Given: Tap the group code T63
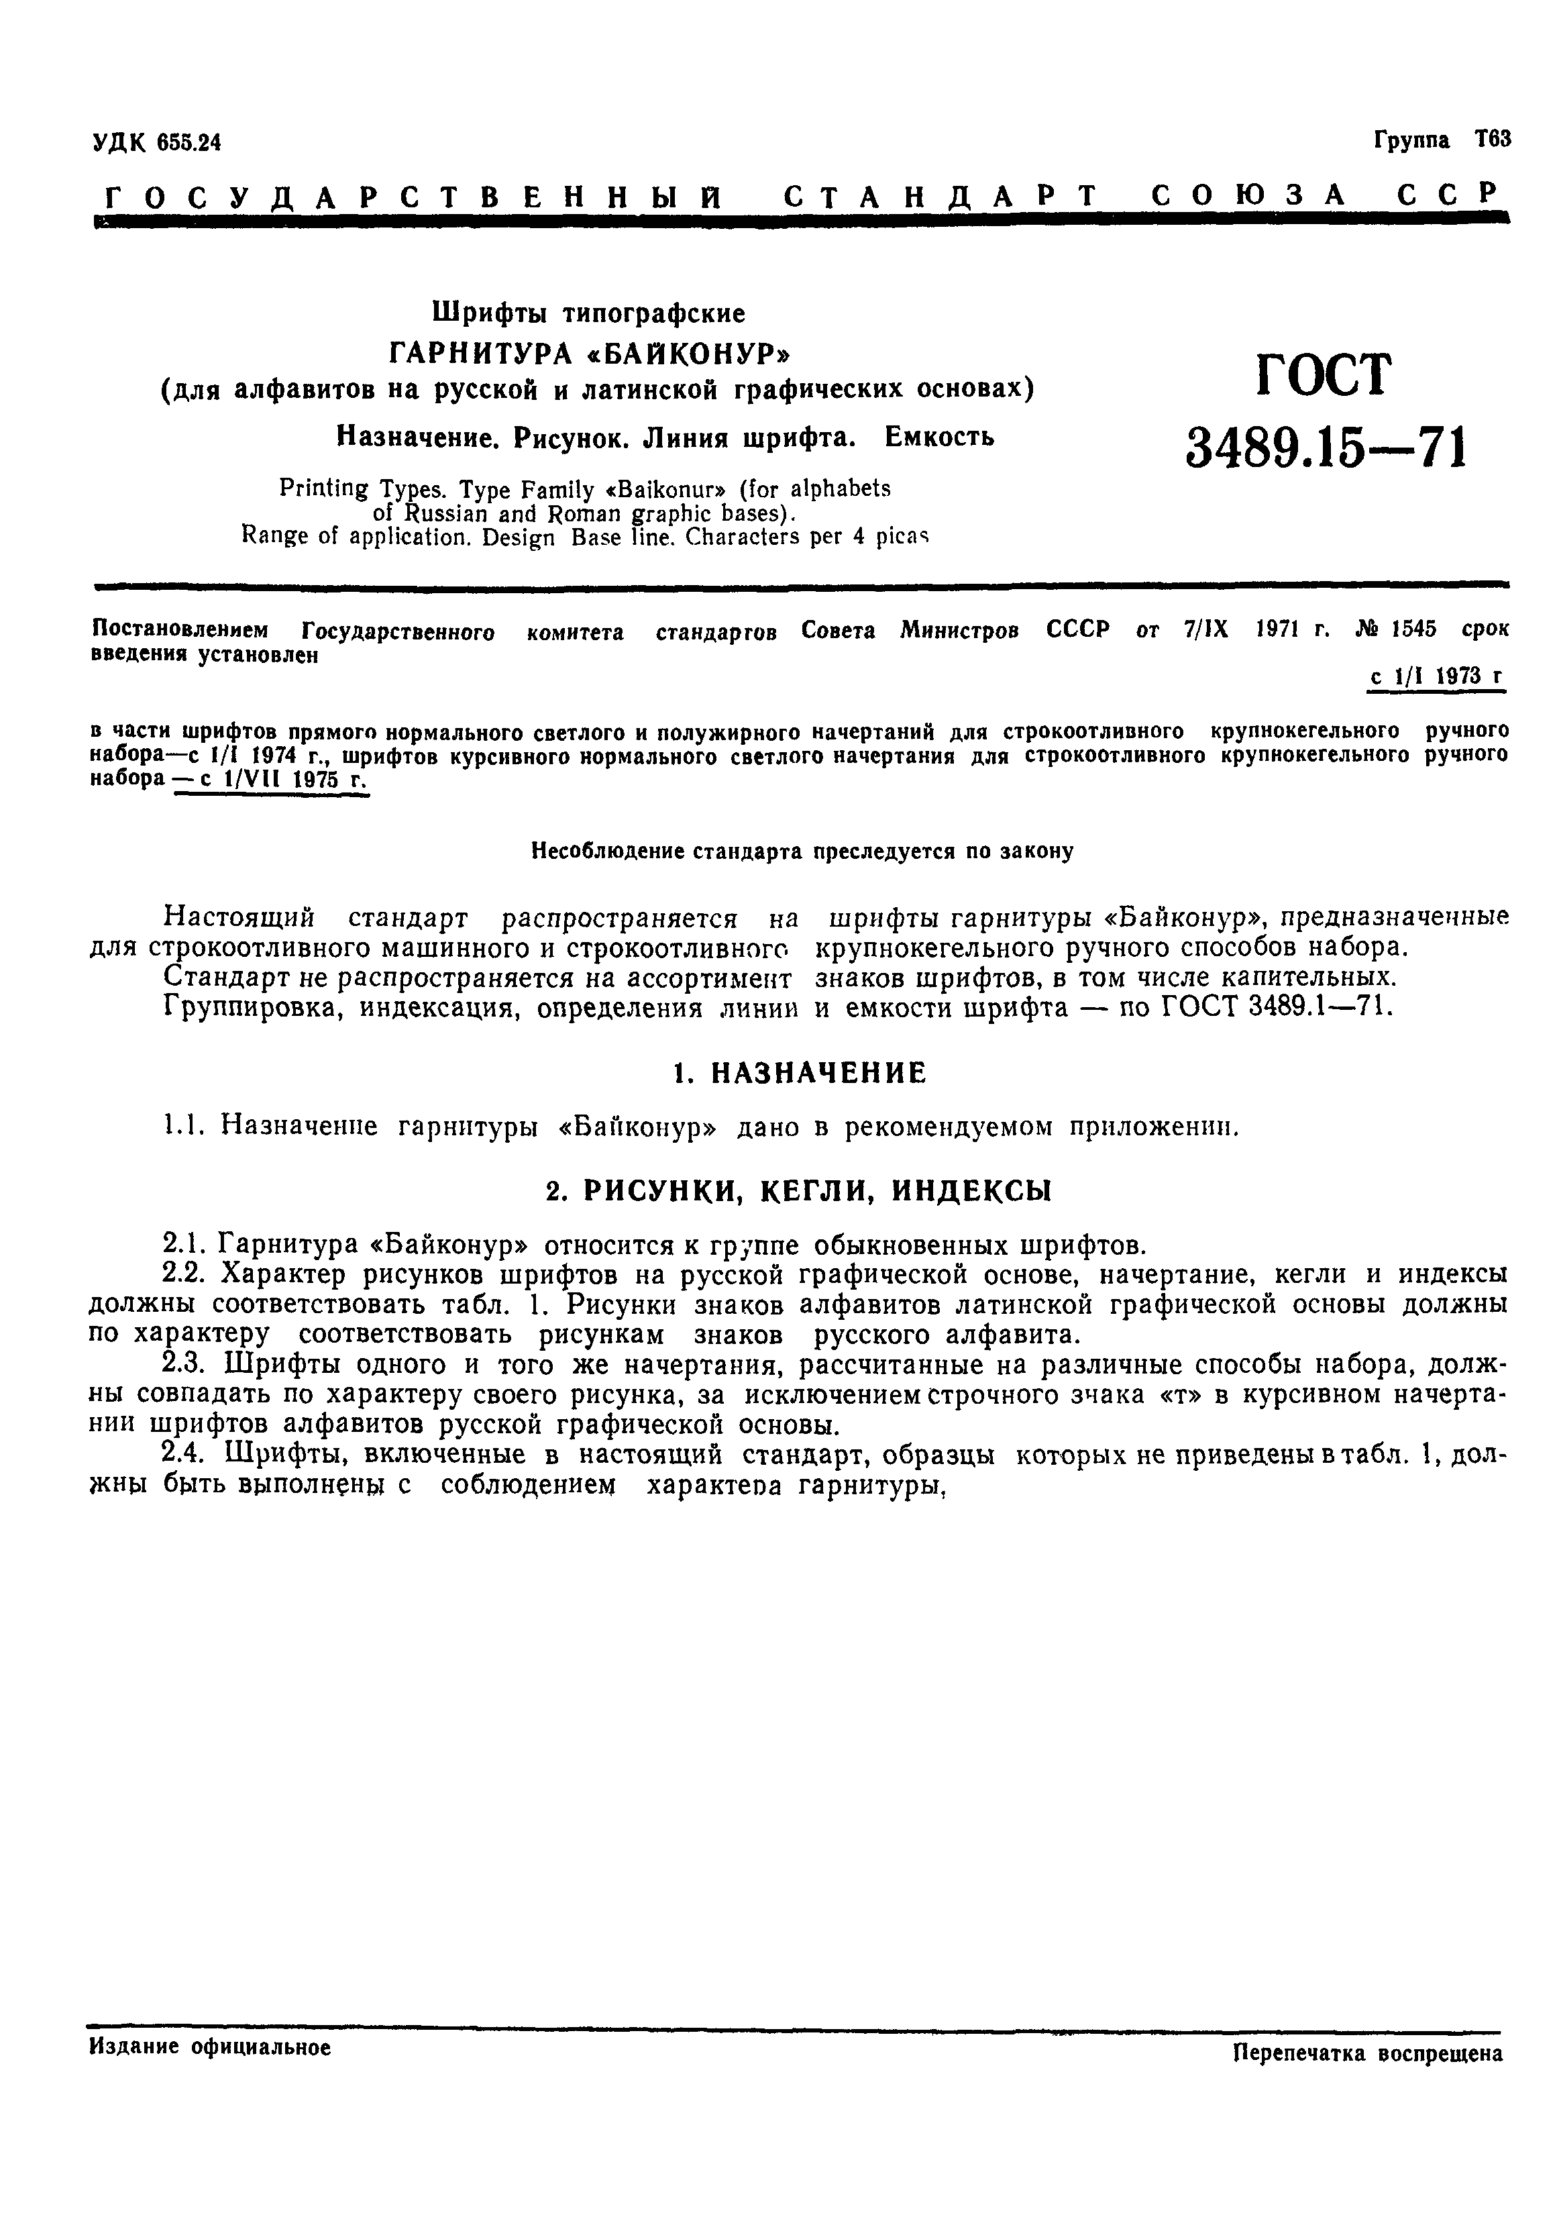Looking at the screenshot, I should pos(1492,140).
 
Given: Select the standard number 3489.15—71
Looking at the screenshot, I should pos(1326,448).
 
